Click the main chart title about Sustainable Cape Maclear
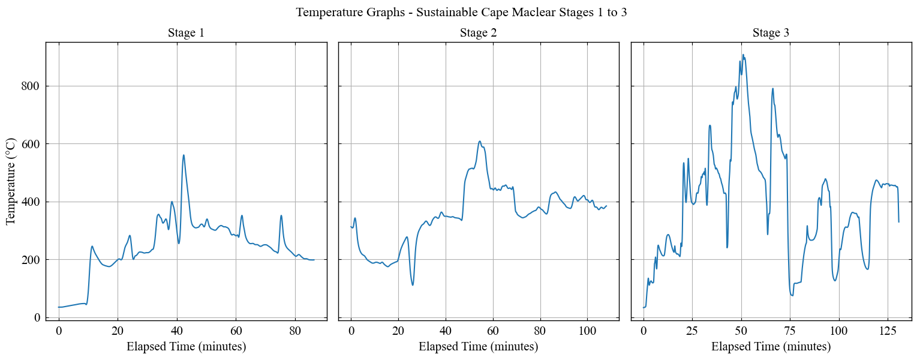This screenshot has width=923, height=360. (461, 12)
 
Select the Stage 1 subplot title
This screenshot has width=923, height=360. (186, 33)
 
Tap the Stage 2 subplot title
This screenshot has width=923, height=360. (478, 33)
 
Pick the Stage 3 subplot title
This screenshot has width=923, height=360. (771, 33)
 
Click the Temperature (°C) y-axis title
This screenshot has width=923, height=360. (11, 181)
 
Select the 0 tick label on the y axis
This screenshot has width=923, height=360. (37, 317)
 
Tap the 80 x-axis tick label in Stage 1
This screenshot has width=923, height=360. (294, 331)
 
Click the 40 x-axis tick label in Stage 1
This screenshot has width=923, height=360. (176, 331)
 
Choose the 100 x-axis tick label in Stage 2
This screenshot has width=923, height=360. (587, 331)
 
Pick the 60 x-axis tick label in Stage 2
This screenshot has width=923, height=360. (493, 331)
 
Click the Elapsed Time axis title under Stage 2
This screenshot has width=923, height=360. (478, 347)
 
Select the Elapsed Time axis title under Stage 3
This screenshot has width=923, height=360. (771, 347)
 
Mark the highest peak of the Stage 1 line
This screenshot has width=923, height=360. (184, 155)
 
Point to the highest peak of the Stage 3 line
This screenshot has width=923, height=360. (743, 55)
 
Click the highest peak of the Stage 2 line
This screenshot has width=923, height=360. (480, 141)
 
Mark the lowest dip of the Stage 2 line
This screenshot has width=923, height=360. (413, 284)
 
